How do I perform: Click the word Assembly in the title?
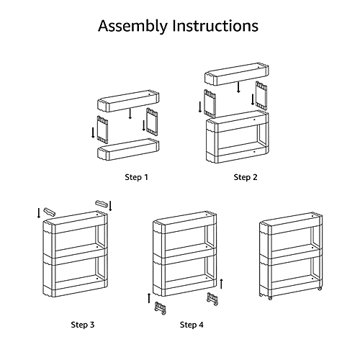(x=132, y=26)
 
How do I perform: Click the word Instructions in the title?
(x=215, y=26)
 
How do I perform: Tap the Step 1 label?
(x=136, y=177)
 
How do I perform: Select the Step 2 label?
(x=246, y=177)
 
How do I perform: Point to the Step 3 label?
(x=83, y=325)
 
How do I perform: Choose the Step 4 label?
(x=192, y=325)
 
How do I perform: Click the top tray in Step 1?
(x=128, y=101)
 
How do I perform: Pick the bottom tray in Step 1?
(x=128, y=149)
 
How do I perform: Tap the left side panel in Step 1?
(x=102, y=130)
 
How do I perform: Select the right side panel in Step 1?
(x=152, y=122)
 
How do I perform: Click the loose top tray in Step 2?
(x=237, y=74)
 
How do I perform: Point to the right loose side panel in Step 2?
(x=261, y=95)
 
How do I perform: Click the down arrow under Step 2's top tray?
(x=238, y=87)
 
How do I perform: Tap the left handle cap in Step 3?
(x=49, y=212)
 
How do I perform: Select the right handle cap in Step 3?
(x=102, y=204)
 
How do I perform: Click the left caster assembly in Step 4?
(x=161, y=308)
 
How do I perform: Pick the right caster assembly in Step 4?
(x=212, y=299)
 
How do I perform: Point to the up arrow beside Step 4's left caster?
(x=149, y=298)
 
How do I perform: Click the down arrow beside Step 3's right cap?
(x=110, y=206)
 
